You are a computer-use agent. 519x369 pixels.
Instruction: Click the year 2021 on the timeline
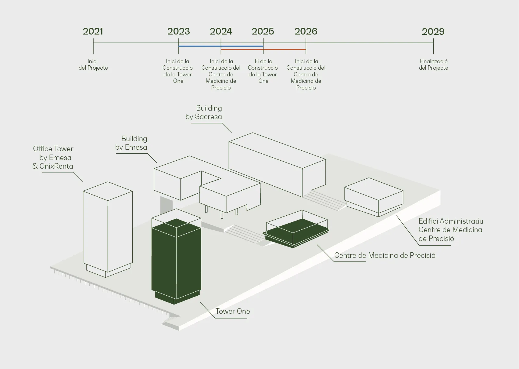[93, 31]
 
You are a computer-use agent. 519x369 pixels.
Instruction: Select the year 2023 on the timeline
[178, 31]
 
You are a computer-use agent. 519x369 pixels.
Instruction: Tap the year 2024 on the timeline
[221, 31]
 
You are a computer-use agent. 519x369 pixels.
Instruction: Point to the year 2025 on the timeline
[263, 31]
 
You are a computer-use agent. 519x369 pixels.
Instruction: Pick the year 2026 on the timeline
[306, 31]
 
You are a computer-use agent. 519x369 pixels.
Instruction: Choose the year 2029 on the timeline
[433, 31]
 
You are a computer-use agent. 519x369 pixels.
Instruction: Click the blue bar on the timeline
[221, 46]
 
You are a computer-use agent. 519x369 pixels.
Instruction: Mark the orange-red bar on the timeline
[263, 49]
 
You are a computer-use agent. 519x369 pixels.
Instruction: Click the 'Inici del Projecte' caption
[93, 64]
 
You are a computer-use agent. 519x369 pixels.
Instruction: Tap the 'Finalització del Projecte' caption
[434, 64]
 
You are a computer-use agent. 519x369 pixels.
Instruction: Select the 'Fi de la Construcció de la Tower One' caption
[263, 71]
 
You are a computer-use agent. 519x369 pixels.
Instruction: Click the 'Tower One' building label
[233, 311]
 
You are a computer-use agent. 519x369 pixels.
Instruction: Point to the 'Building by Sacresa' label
[204, 112]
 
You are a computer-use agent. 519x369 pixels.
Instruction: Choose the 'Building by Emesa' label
[131, 143]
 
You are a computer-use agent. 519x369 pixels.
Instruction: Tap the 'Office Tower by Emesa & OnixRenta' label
[53, 157]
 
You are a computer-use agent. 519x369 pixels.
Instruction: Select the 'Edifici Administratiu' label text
[451, 221]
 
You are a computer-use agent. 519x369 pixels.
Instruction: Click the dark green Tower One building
[176, 261]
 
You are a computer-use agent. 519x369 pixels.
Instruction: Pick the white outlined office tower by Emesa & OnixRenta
[108, 229]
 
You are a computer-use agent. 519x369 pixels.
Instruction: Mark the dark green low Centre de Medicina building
[296, 233]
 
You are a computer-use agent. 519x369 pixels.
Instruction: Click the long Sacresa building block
[277, 165]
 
